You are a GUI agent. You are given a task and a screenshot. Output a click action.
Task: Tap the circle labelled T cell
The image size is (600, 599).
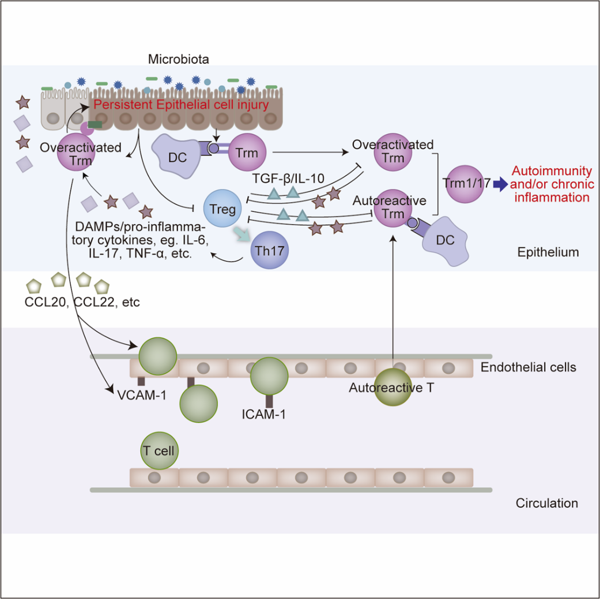tap(159, 449)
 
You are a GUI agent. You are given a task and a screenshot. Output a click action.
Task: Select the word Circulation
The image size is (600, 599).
tap(546, 503)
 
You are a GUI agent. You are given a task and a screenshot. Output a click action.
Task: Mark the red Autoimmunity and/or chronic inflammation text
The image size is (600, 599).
tap(552, 184)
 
